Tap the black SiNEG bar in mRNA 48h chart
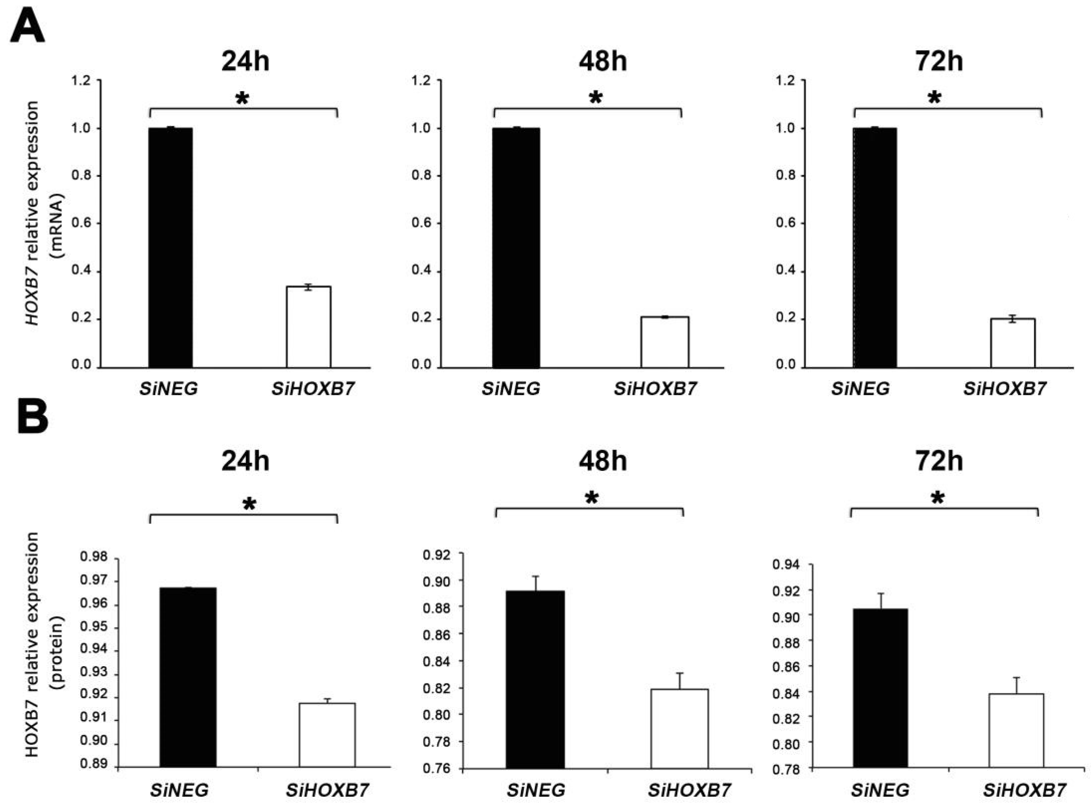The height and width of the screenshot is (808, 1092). pos(516,247)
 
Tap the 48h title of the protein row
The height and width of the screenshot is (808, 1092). pos(603,461)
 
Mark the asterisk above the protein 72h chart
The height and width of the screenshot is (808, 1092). pos(938,499)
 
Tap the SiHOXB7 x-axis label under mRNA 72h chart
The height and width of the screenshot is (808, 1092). pos(1005,389)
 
